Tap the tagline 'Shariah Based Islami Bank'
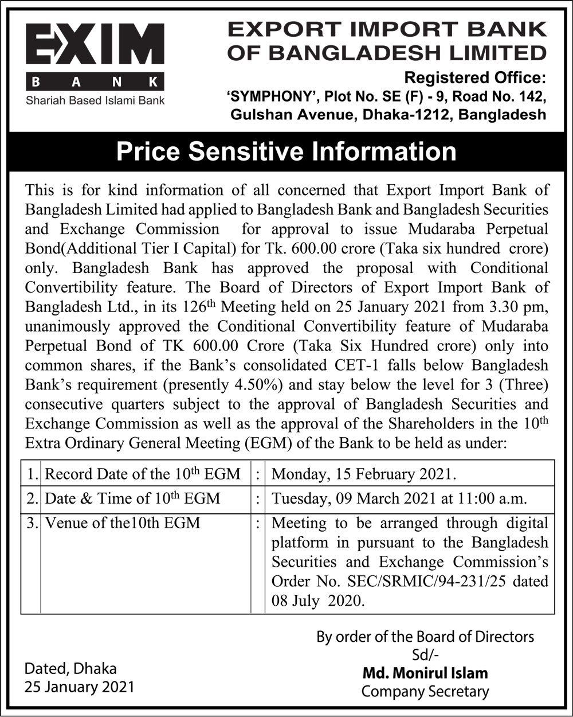tap(95, 100)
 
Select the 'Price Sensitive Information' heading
tap(286, 151)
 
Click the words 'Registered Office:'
tap(476, 77)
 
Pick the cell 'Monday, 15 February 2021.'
tap(364, 474)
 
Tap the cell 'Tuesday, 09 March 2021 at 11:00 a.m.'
tap(399, 498)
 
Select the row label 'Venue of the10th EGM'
tap(123, 523)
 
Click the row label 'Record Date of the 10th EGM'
tap(143, 474)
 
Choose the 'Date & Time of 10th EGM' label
tap(132, 498)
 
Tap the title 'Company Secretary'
tap(425, 691)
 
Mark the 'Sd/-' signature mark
tap(425, 654)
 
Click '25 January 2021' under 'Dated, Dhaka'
tap(79, 687)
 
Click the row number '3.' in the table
tap(32, 523)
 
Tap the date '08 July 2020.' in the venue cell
tap(317, 601)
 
